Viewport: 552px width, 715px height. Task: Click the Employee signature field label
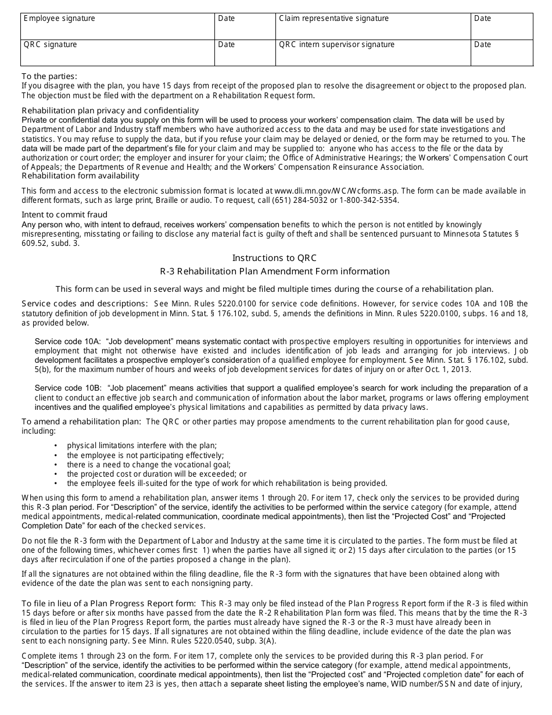point(59,19)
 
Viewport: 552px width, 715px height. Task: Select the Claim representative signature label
point(334,19)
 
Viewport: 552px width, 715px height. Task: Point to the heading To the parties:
point(49,76)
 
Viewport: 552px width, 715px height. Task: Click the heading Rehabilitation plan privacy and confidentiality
point(110,110)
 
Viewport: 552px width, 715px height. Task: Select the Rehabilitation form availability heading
point(80,176)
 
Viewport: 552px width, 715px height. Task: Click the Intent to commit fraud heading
point(64,215)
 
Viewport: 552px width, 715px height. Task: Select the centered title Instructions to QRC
point(275,258)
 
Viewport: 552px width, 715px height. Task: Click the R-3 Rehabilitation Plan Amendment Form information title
point(275,271)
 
